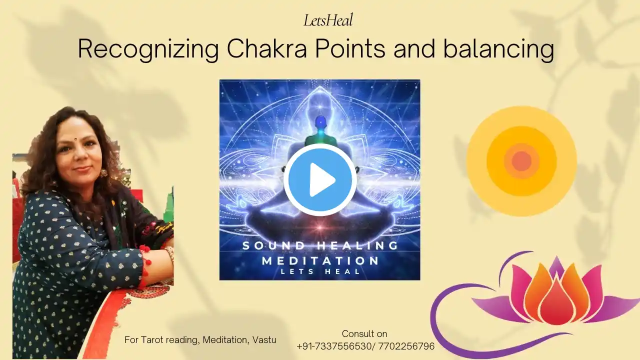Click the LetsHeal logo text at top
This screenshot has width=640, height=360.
pos(328,20)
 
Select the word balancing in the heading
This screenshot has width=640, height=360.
pos(498,49)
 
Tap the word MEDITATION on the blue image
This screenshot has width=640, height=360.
pos(320,261)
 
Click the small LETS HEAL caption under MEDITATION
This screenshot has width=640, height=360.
pos(320,271)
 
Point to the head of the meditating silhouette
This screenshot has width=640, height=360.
pos(320,122)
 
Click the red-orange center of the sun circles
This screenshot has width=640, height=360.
pos(521,161)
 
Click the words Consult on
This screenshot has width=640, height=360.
pos(364,333)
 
